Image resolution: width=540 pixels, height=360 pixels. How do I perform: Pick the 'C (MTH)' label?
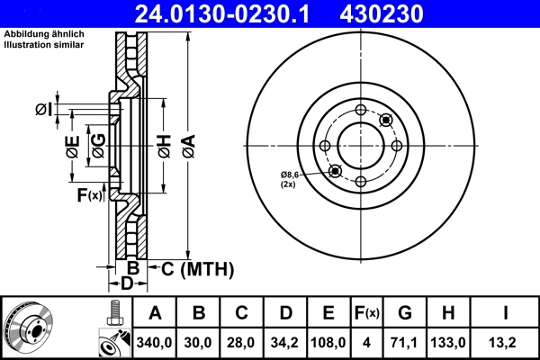point(196,268)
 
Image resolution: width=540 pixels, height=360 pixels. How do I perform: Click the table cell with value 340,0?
point(156,343)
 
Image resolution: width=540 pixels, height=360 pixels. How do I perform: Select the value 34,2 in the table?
point(285,343)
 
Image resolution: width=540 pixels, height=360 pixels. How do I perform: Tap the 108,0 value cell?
point(328,343)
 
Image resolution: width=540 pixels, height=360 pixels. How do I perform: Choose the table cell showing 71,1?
point(405,343)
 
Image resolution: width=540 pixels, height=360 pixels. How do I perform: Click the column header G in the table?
point(405,313)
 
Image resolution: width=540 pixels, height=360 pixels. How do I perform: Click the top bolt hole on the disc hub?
point(361,110)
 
